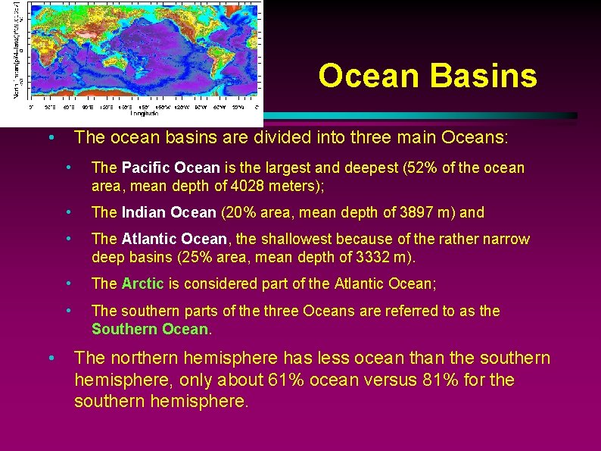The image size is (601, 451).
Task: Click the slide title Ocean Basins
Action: [x=428, y=76]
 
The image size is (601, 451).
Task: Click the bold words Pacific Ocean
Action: [x=170, y=168]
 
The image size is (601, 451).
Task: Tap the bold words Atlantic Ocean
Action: [x=173, y=240]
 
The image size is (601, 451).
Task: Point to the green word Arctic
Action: [x=142, y=284]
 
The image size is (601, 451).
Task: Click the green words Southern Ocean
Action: [x=150, y=329]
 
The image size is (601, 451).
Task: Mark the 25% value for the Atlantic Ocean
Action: [x=195, y=258]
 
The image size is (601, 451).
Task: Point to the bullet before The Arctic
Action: [x=69, y=283]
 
